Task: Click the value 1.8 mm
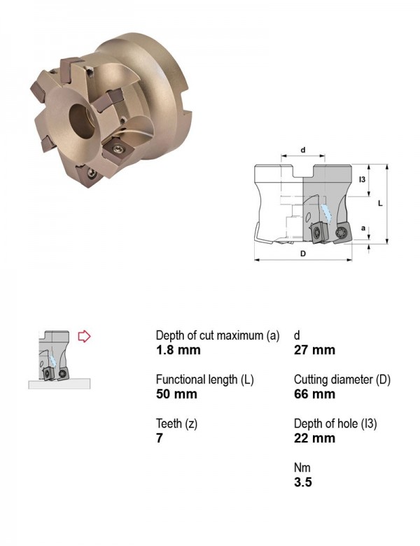point(178,350)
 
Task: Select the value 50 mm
point(176,394)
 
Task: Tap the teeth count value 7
point(160,438)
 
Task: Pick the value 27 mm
point(314,350)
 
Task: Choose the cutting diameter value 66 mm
point(314,394)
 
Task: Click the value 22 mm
point(314,438)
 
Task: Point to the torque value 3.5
point(303,482)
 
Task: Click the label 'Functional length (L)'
point(205,379)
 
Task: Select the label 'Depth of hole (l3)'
point(335,423)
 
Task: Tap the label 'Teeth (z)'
point(176,423)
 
